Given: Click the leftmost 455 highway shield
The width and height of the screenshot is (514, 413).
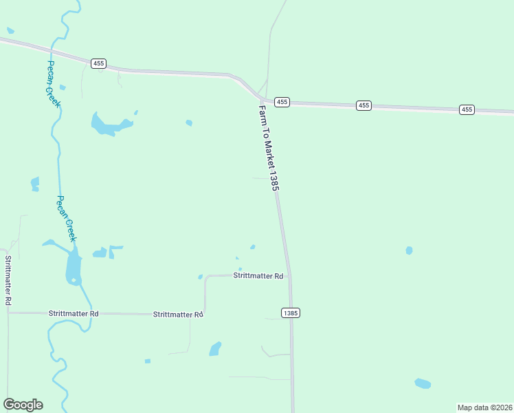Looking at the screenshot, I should tap(98, 63).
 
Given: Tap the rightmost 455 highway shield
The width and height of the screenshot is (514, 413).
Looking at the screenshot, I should tap(467, 109).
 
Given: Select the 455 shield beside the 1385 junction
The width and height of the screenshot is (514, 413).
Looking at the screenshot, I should tap(282, 102).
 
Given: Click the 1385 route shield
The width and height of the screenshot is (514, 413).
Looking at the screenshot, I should tap(291, 313).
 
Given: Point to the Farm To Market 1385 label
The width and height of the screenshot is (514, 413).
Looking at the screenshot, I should tap(269, 147).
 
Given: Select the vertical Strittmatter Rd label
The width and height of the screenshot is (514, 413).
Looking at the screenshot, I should tap(8, 280).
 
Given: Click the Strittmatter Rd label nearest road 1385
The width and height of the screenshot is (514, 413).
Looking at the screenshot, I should tap(258, 276).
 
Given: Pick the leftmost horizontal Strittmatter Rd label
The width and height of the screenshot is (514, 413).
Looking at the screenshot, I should tap(74, 313).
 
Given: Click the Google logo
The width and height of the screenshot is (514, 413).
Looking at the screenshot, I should tap(23, 405).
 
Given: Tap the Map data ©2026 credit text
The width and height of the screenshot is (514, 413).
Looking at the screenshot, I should tap(484, 407).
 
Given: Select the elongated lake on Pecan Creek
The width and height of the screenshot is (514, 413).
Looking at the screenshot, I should tap(73, 267).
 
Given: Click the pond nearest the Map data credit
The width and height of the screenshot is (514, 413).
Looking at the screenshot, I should tap(423, 383).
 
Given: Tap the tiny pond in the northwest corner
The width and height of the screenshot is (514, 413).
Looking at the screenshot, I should tap(10, 30).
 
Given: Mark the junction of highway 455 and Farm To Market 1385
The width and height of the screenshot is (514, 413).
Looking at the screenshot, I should tap(262, 100).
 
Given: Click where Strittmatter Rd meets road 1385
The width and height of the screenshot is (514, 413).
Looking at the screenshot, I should tap(289, 276).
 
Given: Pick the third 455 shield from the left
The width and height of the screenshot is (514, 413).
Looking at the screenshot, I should tap(364, 105).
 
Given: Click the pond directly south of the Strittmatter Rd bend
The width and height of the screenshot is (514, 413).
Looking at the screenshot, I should tap(215, 349).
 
